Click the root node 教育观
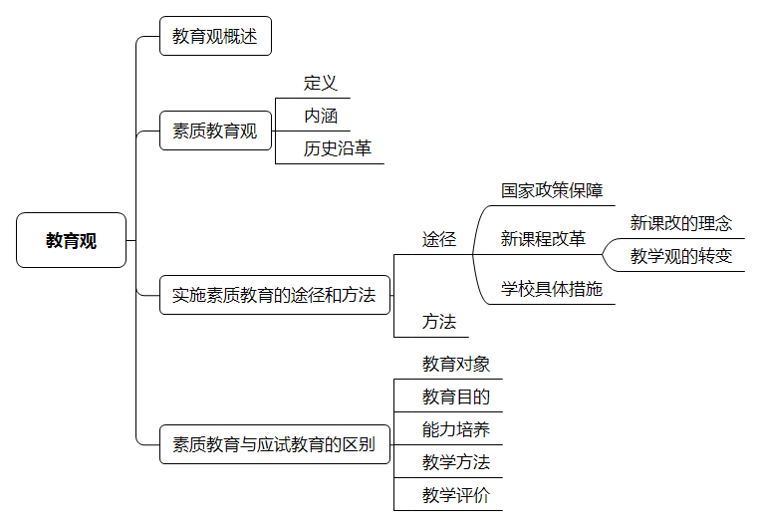tap(71, 240)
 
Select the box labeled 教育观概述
tap(215, 37)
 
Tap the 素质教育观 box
tap(215, 131)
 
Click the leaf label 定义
tap(321, 83)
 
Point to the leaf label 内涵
tap(321, 116)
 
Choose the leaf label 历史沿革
tap(338, 148)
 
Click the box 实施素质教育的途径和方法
tap(274, 295)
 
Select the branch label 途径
tap(439, 239)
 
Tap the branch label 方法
tap(439, 322)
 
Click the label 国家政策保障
tap(552, 189)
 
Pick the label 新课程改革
tap(543, 239)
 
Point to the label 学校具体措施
tap(552, 289)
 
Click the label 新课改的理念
tap(681, 222)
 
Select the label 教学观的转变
tap(681, 256)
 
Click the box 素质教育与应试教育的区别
tap(274, 444)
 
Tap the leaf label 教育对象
tap(456, 364)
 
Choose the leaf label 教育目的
tap(456, 396)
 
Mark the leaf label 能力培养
tap(456, 429)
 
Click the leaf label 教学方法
tap(456, 462)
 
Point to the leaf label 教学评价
tap(456, 495)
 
